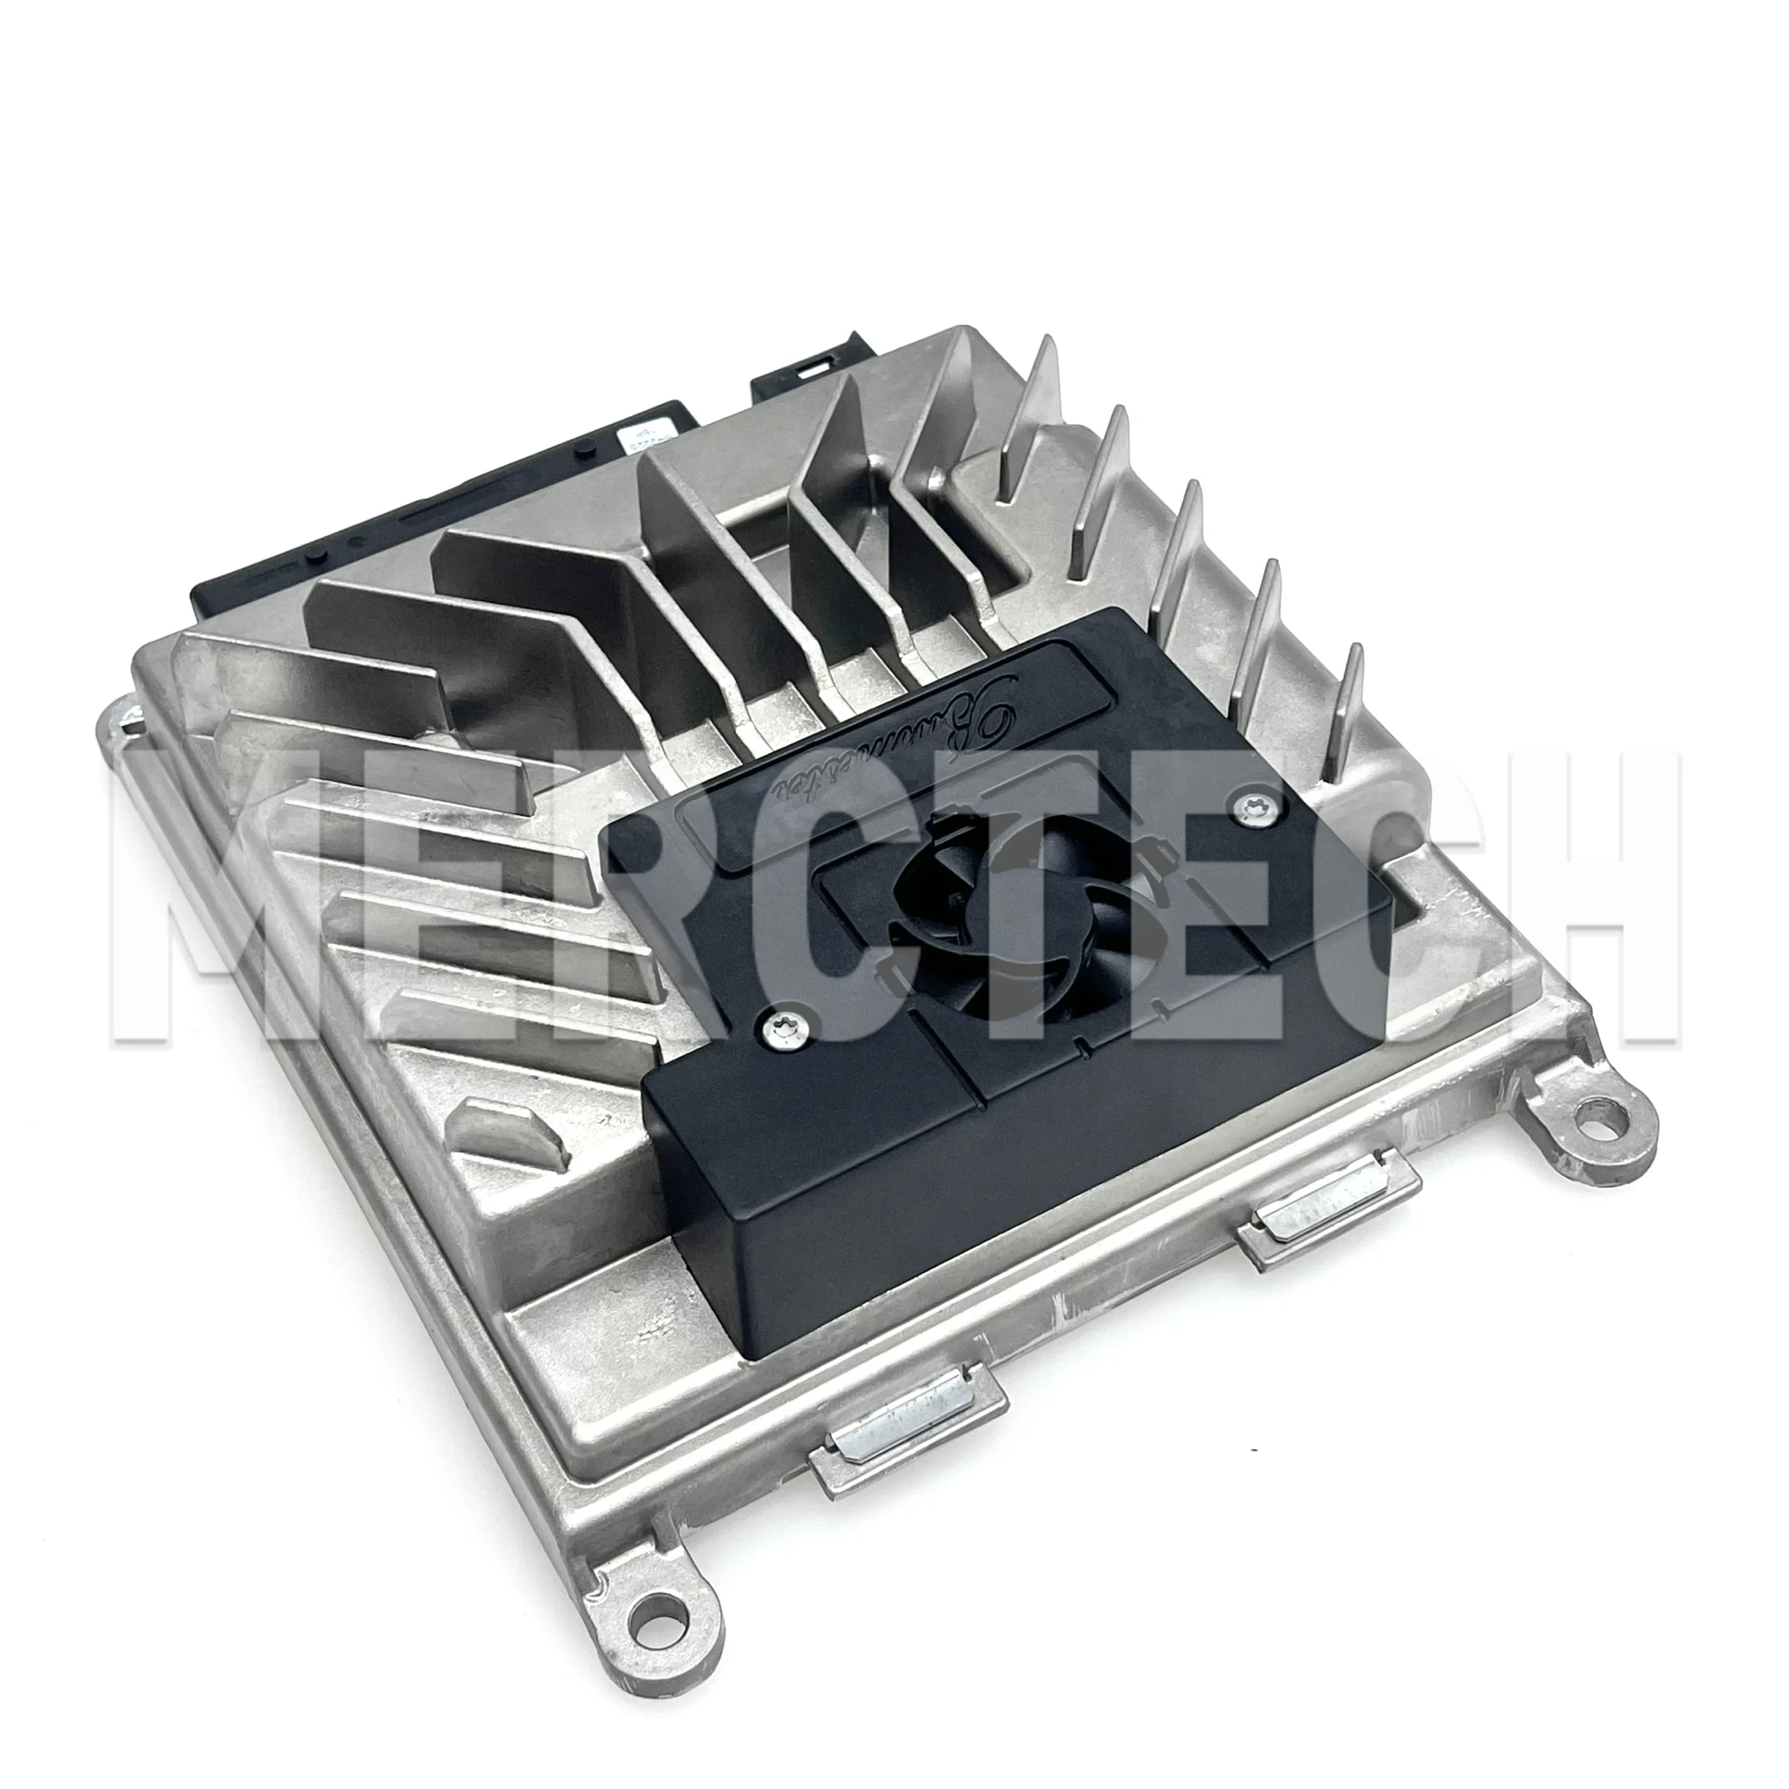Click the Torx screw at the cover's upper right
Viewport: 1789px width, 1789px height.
(x=1256, y=809)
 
